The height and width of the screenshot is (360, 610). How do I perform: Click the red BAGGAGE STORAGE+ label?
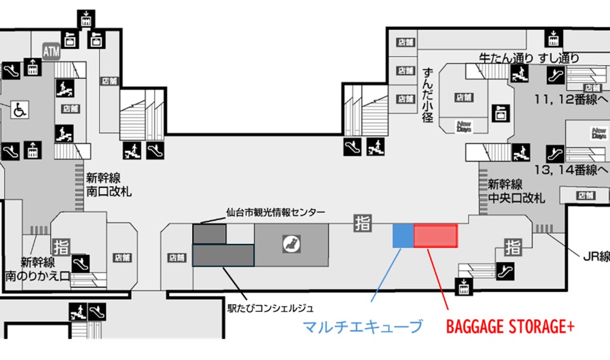pyautogui.click(x=510, y=327)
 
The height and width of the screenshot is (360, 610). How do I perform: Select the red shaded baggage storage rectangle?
pyautogui.click(x=436, y=236)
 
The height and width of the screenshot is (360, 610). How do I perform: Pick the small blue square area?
pyautogui.click(x=403, y=236)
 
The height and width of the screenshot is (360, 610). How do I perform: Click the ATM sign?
pyautogui.click(x=51, y=52)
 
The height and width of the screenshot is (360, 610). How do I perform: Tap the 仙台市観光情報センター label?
pyautogui.click(x=276, y=212)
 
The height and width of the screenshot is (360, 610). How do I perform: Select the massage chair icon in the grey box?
pyautogui.click(x=292, y=243)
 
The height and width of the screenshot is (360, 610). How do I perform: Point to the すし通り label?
pyautogui.click(x=559, y=58)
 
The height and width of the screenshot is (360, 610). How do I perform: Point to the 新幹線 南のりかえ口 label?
pyautogui.click(x=37, y=269)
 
